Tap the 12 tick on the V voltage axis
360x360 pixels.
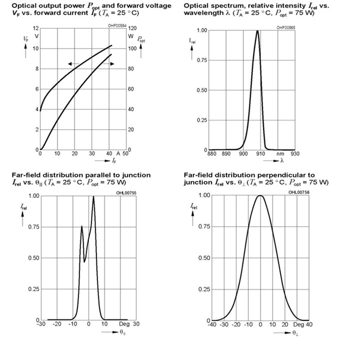36,28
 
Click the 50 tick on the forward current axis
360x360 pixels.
126,153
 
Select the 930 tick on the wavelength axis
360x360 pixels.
295,153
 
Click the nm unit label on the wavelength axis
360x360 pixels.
280,153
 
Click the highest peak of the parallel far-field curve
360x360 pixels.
93,196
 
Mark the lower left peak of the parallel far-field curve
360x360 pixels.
81,226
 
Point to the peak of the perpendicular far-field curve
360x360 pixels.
260,195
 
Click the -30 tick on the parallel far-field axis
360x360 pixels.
41,324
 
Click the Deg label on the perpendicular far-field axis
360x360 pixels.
299,324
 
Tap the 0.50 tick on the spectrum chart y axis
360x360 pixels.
202,90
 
